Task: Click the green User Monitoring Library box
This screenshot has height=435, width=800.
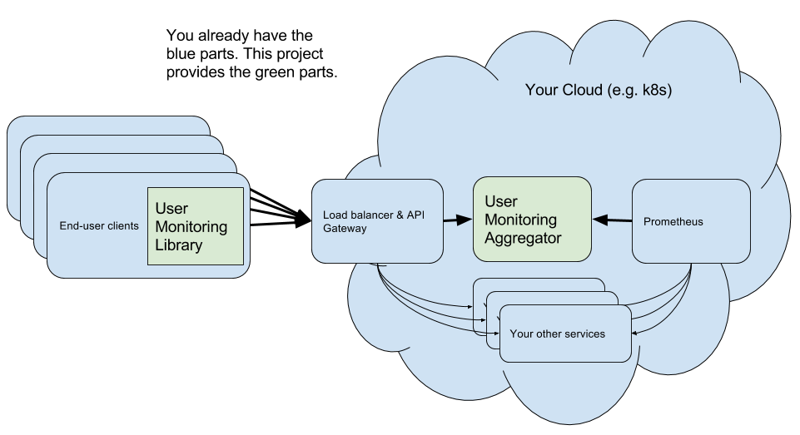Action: [x=196, y=226]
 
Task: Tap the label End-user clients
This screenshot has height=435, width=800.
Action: [x=99, y=226]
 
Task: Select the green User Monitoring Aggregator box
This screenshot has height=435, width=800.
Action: [x=532, y=220]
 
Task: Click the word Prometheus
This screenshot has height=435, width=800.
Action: [x=673, y=222]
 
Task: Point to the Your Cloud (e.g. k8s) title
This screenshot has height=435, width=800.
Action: [x=599, y=90]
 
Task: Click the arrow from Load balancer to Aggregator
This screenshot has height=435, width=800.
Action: [x=457, y=220]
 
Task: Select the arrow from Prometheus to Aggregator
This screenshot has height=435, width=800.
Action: [x=613, y=220]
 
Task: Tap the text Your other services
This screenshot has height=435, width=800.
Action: [x=558, y=334]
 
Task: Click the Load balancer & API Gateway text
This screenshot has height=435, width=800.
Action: [x=374, y=220]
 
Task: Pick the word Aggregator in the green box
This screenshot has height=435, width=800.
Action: [x=523, y=238]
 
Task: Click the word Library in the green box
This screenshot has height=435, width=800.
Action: [x=179, y=245]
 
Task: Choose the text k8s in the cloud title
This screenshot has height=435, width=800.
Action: [x=655, y=90]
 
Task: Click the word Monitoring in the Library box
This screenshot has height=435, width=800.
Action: [x=191, y=226]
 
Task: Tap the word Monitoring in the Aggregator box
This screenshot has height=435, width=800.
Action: [x=520, y=220]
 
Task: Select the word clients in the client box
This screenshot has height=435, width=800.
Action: [x=123, y=226]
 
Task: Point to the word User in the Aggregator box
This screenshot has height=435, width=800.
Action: [x=501, y=201]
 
